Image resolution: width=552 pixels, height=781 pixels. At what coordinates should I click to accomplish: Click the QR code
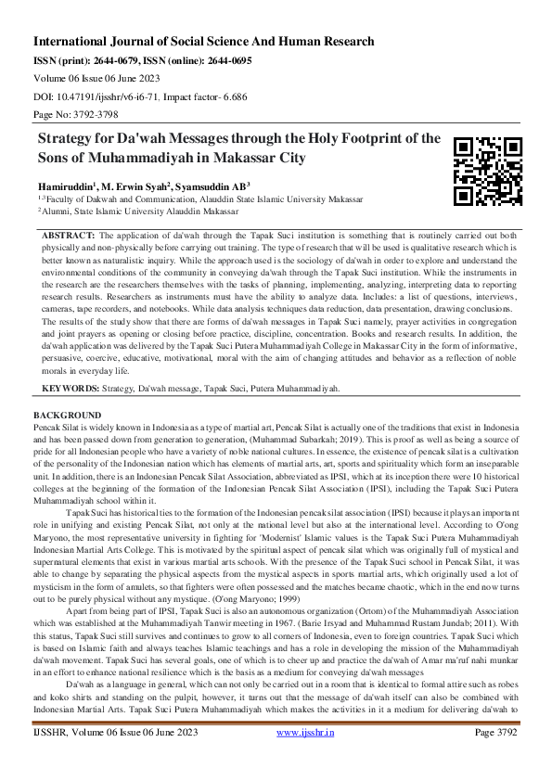487,171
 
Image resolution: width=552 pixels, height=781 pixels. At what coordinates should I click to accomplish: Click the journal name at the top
204,42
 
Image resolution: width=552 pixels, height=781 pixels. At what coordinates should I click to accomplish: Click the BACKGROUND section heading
67,414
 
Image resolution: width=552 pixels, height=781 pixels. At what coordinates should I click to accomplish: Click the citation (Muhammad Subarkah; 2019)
365,435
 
